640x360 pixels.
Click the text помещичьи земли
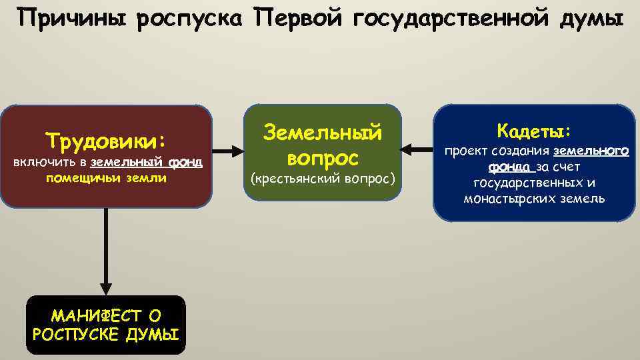point(107,178)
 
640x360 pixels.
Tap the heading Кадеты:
point(534,129)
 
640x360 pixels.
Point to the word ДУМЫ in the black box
point(153,333)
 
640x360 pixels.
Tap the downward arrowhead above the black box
point(105,284)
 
